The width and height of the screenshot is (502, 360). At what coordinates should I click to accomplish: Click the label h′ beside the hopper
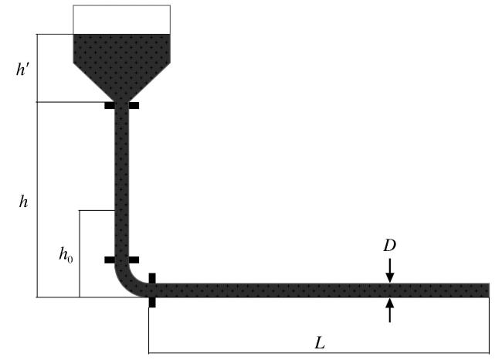pyautogui.click(x=23, y=69)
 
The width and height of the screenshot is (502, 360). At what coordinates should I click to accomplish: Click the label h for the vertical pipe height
pyautogui.click(x=23, y=202)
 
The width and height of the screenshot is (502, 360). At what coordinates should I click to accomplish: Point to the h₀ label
pyautogui.click(x=66, y=255)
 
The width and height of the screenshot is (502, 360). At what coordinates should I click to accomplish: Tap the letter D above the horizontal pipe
pyautogui.click(x=389, y=246)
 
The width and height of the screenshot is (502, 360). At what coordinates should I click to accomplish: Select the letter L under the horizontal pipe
pyautogui.click(x=320, y=343)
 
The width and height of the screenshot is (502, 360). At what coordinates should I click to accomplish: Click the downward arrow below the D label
pyautogui.click(x=389, y=270)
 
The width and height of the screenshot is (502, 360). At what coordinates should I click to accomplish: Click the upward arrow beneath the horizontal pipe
pyautogui.click(x=389, y=310)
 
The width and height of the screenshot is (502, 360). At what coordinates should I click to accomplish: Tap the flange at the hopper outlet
pyautogui.click(x=122, y=105)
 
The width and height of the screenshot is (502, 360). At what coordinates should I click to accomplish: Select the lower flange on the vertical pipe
pyautogui.click(x=122, y=260)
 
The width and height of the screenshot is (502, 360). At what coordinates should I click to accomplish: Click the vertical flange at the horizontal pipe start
pyautogui.click(x=152, y=290)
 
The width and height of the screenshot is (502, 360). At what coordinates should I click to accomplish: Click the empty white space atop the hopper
pyautogui.click(x=122, y=19)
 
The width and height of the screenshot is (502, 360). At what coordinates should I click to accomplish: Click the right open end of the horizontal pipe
pyautogui.click(x=489, y=290)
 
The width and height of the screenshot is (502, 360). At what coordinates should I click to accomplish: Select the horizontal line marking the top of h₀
pyautogui.click(x=97, y=210)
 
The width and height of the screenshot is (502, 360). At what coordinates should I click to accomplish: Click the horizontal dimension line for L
pyautogui.click(x=319, y=353)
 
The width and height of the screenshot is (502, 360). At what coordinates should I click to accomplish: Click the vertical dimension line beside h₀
pyautogui.click(x=80, y=253)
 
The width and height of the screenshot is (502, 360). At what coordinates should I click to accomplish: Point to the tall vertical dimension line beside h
pyautogui.click(x=38, y=199)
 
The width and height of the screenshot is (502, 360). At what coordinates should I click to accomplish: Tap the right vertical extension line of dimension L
pyautogui.click(x=489, y=325)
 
